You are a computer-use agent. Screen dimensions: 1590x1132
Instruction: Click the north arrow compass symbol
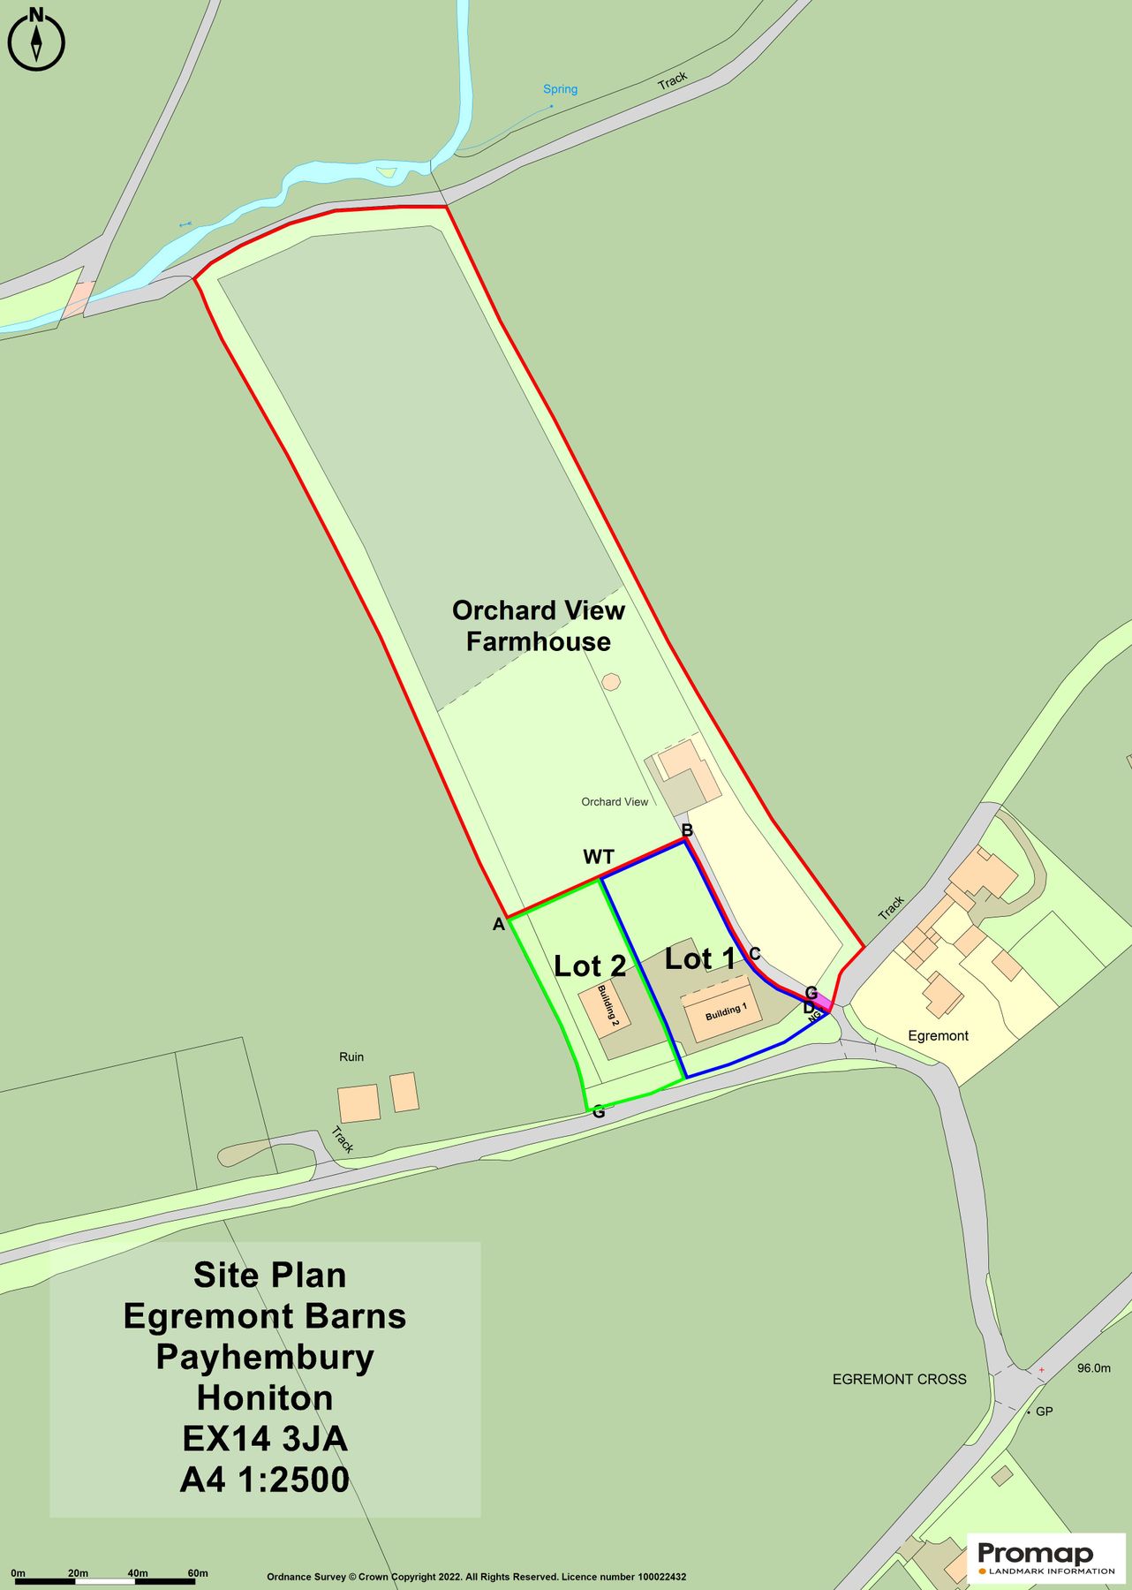36,40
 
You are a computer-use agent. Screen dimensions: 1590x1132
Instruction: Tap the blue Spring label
560,89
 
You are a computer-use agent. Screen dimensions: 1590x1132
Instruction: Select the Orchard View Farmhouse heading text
538,625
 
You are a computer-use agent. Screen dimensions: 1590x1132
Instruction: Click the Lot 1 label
699,958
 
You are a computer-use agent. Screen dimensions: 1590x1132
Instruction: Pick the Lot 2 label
590,965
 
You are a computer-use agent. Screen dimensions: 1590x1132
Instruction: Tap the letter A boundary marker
498,925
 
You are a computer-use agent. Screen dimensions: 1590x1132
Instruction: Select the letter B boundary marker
687,830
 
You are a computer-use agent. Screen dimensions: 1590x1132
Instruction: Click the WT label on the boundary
598,857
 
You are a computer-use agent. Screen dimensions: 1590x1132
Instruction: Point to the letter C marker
755,954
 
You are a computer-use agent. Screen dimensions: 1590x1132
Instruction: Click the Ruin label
351,1056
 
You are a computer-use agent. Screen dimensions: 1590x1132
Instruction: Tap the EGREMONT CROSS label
899,1379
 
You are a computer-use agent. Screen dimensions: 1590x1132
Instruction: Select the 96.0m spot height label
1093,1367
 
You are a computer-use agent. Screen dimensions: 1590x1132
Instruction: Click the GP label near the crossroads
1044,1412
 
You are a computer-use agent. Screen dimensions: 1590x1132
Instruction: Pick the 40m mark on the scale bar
137,1573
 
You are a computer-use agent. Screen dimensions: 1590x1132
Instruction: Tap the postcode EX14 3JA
265,1439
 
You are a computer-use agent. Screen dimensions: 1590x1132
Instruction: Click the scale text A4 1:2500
265,1480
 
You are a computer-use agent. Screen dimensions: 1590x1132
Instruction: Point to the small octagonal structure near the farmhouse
610,681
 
